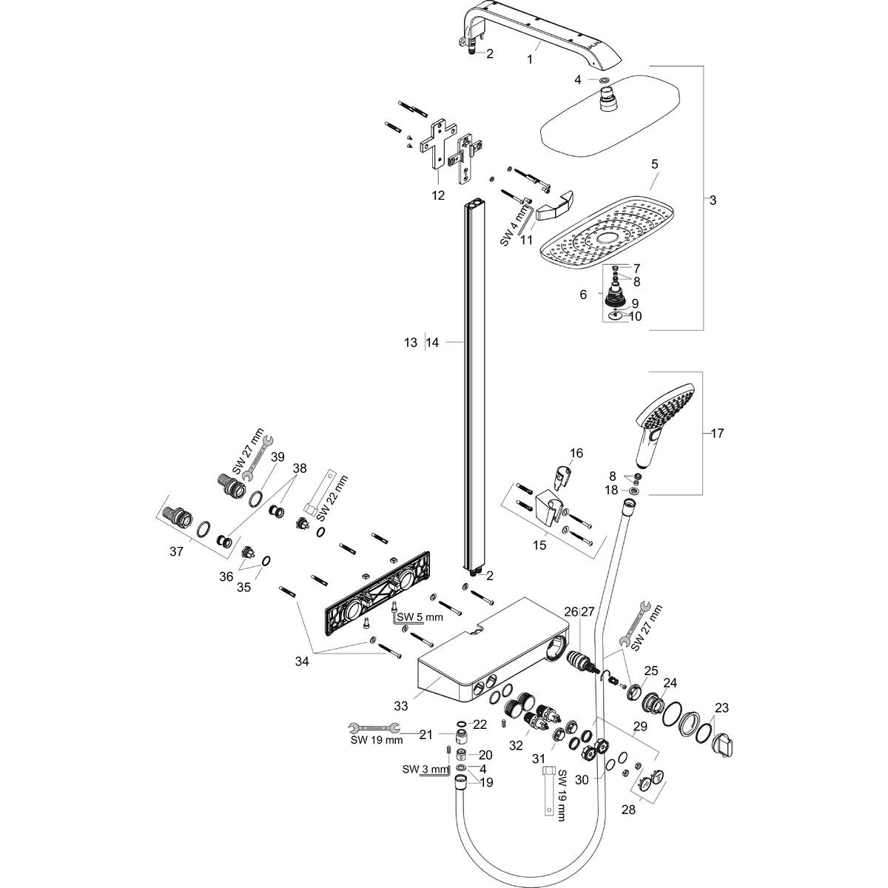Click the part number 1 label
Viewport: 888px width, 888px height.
[530, 60]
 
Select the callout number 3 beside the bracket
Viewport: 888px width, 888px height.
[713, 201]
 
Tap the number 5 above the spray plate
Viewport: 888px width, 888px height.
[654, 164]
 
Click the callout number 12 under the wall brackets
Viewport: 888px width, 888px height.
[438, 195]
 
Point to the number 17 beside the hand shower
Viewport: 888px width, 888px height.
[717, 433]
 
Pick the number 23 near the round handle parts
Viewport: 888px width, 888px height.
[721, 707]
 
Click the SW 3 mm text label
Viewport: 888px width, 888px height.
[425, 770]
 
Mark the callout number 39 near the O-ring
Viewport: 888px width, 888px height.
[277, 457]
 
